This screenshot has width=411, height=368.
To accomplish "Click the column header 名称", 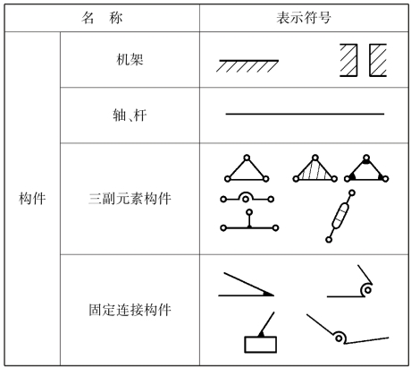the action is point(102,18).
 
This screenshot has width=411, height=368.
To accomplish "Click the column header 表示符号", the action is point(304,18).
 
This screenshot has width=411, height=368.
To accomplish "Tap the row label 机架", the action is point(130,59).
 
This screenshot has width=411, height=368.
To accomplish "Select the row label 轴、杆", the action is point(130,116).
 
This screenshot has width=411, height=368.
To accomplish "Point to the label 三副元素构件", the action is point(130,199).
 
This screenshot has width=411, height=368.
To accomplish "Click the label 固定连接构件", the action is point(130,310).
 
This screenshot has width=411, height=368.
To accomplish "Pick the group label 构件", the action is point(32,199).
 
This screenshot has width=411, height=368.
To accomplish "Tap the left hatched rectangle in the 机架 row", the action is point(348,60).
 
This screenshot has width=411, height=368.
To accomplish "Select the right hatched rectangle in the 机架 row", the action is point(378,60).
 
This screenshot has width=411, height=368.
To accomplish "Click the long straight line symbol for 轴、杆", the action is point(305,114).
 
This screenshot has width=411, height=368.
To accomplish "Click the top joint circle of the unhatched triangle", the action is point(247,158).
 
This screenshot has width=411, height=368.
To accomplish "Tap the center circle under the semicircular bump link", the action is point(246,199).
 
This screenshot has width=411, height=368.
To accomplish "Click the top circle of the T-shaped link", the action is point(249,212).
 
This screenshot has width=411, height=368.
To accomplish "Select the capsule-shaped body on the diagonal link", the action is point(340,216).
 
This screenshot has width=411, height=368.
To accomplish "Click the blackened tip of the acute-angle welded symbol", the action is point(268,294).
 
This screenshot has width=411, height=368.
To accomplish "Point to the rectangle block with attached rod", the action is point(261,345).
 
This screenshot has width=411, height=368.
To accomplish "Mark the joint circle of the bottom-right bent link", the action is point(339,338).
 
